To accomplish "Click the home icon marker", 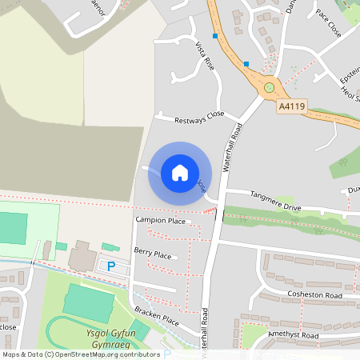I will coord(180,172).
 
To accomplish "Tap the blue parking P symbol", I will coord(111,266).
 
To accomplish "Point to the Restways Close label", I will coord(200,118).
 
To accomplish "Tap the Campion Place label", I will coord(160,220).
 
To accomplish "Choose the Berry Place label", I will coord(153,254).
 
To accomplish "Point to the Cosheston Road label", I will coord(314,295).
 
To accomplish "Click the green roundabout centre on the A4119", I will coord(270,87).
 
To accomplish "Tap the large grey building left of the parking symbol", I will coord(81,257).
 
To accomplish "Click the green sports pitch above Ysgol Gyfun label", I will coord(88,303).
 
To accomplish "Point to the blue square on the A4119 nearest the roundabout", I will coord(246,63).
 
